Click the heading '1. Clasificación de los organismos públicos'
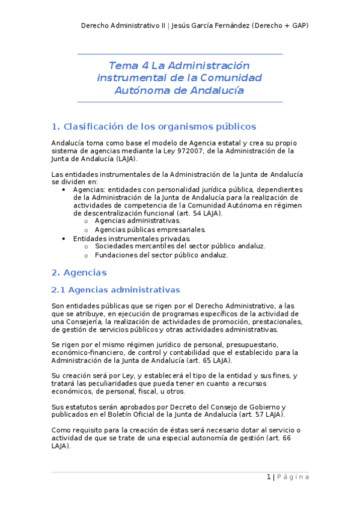click(x=154, y=126)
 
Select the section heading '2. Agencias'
click(x=79, y=272)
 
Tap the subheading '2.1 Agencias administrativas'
click(x=115, y=290)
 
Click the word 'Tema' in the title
click(x=122, y=65)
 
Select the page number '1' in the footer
click(x=269, y=477)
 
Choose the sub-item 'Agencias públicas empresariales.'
click(x=150, y=229)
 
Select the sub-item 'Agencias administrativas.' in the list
click(x=138, y=221)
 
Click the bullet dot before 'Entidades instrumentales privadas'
click(x=64, y=238)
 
